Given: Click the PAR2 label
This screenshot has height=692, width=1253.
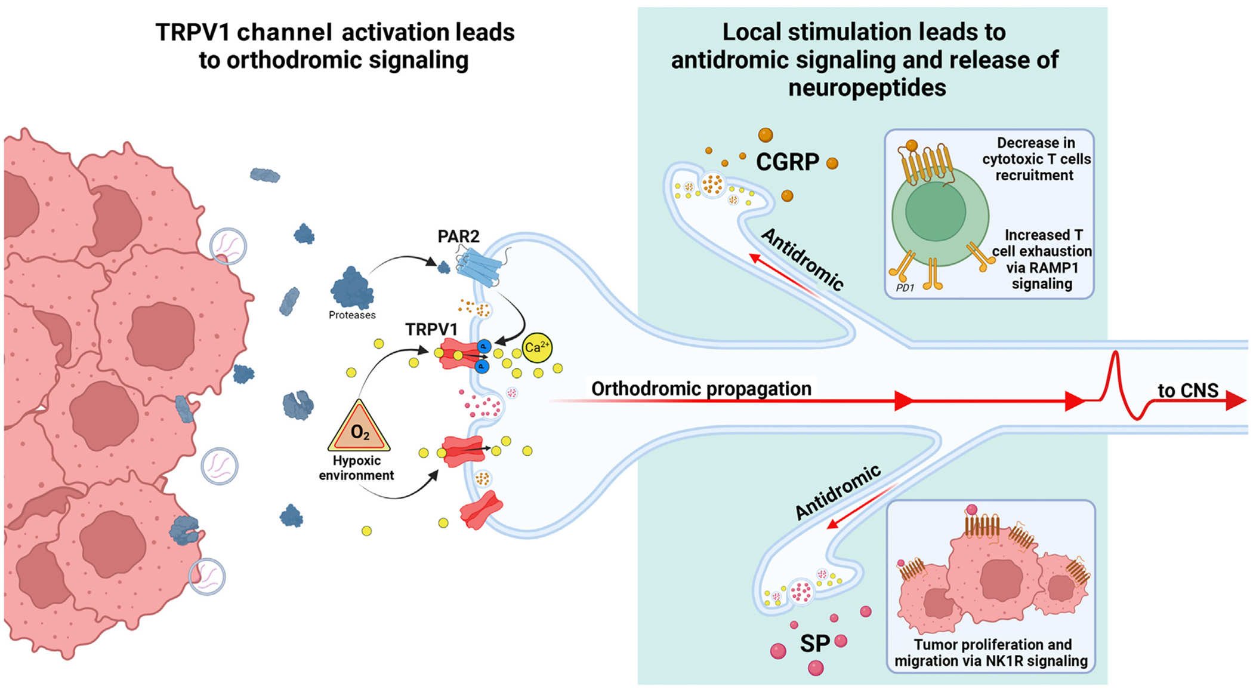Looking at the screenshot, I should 458,236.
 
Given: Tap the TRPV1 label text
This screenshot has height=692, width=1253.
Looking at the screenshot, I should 431,330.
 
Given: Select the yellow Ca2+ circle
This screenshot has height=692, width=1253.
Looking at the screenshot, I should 537,347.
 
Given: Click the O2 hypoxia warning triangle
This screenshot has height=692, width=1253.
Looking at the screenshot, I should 359,428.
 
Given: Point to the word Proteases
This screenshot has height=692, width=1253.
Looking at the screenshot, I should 352,315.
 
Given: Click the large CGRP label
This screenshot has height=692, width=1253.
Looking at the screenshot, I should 788,162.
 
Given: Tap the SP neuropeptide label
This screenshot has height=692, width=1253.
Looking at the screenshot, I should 814,644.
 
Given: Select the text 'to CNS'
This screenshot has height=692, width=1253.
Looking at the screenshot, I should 1187,390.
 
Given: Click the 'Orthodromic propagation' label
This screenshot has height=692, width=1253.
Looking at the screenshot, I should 701,389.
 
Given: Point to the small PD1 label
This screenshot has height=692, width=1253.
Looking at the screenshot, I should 905,288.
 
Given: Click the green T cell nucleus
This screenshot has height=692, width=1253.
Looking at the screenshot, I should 935,212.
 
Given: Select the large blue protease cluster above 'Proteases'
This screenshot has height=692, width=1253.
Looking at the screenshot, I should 352,289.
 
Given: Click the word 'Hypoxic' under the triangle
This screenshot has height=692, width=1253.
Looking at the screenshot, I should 357,461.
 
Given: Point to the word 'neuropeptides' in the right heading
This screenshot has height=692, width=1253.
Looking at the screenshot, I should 867,88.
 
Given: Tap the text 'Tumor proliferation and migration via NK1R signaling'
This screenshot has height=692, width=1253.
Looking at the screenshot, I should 992,653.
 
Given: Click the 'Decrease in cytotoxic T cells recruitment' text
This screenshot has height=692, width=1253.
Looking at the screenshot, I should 1036,159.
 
